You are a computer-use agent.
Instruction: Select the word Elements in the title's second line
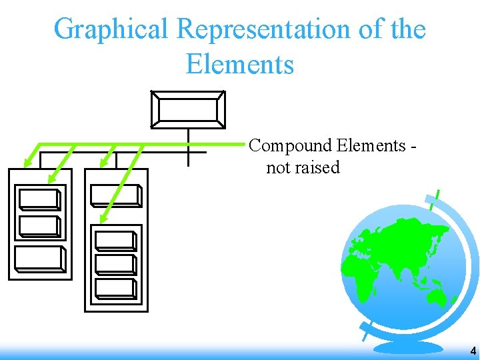(x=240, y=65)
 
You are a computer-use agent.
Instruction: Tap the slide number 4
(x=473, y=351)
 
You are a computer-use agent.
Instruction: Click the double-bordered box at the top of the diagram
(x=188, y=109)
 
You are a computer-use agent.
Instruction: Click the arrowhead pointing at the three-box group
(x=103, y=217)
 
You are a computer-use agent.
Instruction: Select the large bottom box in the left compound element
(x=40, y=259)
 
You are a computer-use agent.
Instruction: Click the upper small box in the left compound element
(x=39, y=200)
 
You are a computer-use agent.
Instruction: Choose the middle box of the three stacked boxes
(x=115, y=264)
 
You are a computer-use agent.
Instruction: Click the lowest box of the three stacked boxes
(x=115, y=288)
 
